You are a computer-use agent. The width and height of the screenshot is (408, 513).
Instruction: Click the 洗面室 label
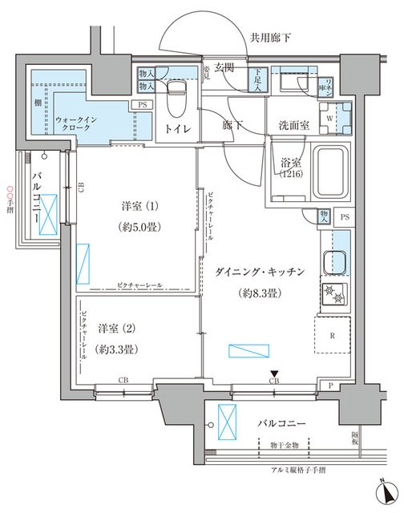click(294, 125)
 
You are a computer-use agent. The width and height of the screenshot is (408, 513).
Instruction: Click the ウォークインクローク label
click(78, 124)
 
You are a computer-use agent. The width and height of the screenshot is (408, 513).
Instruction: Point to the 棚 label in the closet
click(38, 103)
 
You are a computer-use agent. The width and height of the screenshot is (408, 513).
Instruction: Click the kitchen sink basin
click(334, 261)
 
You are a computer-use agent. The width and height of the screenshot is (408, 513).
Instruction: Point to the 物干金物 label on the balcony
click(283, 445)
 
